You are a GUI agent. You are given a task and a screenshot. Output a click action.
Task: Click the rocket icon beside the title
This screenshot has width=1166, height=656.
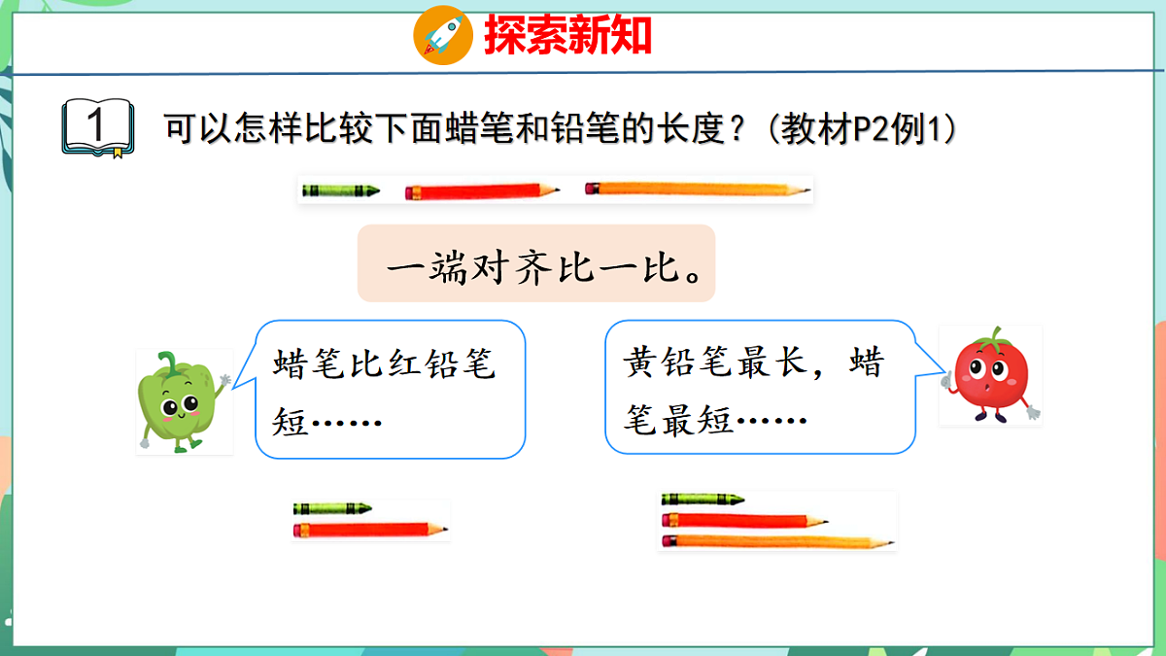[x=443, y=35]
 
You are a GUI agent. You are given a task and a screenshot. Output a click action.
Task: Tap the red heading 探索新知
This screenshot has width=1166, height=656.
[x=567, y=37]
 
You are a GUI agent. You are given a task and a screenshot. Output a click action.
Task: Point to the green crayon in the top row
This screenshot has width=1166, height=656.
[x=339, y=190]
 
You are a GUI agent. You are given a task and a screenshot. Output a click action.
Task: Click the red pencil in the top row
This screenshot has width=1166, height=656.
[x=481, y=190]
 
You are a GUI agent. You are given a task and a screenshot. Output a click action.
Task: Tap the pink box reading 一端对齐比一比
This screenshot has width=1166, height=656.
[x=536, y=264]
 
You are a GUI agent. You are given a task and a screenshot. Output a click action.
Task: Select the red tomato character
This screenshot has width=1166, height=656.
[x=989, y=377]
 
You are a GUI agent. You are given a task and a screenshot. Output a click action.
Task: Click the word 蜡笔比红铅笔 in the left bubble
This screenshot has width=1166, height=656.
[x=385, y=367]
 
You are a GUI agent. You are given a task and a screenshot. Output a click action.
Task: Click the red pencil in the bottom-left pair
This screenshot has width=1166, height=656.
[x=369, y=530]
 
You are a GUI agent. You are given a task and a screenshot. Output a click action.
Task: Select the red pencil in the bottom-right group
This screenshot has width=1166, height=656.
[x=743, y=520]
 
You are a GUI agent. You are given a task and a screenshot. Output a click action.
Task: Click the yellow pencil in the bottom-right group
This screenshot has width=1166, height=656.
[x=777, y=540]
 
